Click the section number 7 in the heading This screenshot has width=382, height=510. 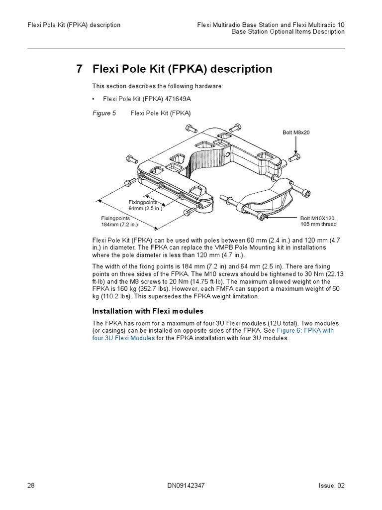[80, 69]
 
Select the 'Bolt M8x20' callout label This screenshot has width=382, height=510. [296, 132]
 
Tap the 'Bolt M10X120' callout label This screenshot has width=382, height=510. [317, 218]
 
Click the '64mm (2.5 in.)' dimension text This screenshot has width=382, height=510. [145, 208]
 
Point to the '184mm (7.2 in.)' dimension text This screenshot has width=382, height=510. [120, 224]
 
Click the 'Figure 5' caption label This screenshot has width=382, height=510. [104, 113]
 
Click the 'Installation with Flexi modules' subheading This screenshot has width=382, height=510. [148, 311]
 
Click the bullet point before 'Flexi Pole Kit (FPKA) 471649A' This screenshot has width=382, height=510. [94, 99]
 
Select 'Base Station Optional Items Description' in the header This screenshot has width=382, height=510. [288, 32]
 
